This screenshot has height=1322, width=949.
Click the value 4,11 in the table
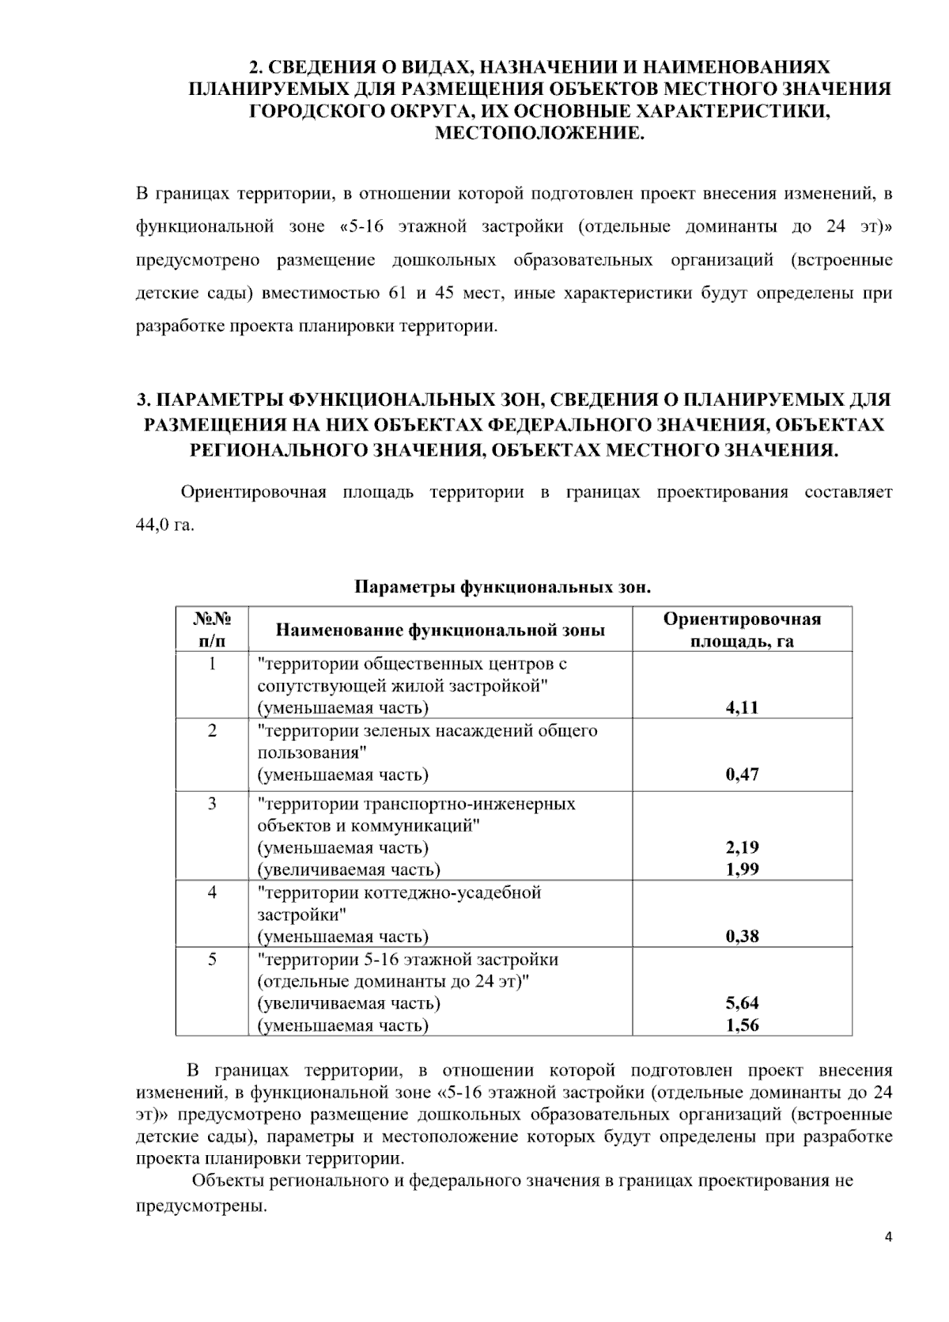click(x=742, y=707)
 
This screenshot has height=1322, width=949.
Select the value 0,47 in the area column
click(x=742, y=775)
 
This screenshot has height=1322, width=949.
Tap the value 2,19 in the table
click(x=742, y=847)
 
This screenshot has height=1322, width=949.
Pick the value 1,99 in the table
click(x=742, y=869)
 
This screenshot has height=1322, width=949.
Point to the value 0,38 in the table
click(x=742, y=937)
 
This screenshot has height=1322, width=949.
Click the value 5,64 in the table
click(x=742, y=1003)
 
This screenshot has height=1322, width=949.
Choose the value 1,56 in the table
click(x=742, y=1025)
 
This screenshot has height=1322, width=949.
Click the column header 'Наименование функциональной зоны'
click(x=440, y=631)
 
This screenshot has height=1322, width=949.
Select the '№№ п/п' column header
click(x=211, y=630)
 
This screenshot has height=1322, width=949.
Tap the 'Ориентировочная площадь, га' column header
click(x=742, y=630)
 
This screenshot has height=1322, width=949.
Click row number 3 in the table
click(x=212, y=804)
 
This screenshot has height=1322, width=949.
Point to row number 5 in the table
click(x=212, y=960)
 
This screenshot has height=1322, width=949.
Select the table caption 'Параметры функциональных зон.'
click(x=502, y=588)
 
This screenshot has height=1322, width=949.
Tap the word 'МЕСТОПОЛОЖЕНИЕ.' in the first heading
click(x=540, y=134)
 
